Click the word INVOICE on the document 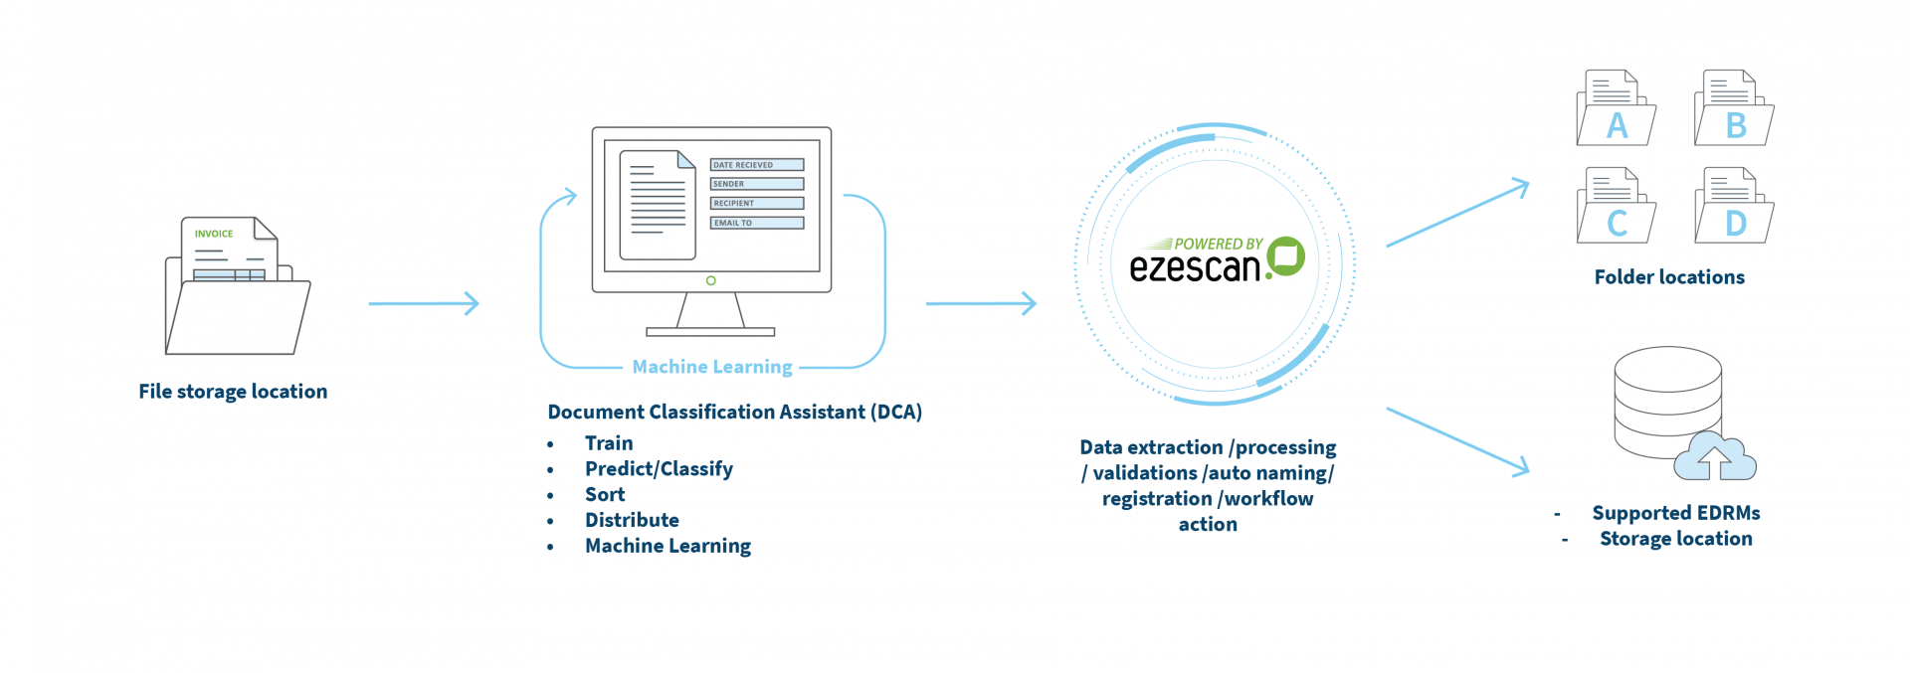[x=214, y=234]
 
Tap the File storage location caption [x=233, y=392]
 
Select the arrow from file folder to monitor [x=424, y=303]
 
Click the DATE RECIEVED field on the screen [x=756, y=165]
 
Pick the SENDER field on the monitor [x=756, y=184]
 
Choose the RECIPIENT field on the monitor [x=756, y=203]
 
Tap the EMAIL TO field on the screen [x=756, y=223]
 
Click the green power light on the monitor [x=710, y=280]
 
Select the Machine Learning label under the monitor [x=712, y=367]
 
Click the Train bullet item [x=608, y=443]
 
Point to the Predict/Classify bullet [x=659, y=469]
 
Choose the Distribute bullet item [x=632, y=520]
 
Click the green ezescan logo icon [x=1285, y=256]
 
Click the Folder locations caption [x=1669, y=277]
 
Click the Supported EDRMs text [x=1676, y=513]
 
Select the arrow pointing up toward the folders [x=1457, y=213]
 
